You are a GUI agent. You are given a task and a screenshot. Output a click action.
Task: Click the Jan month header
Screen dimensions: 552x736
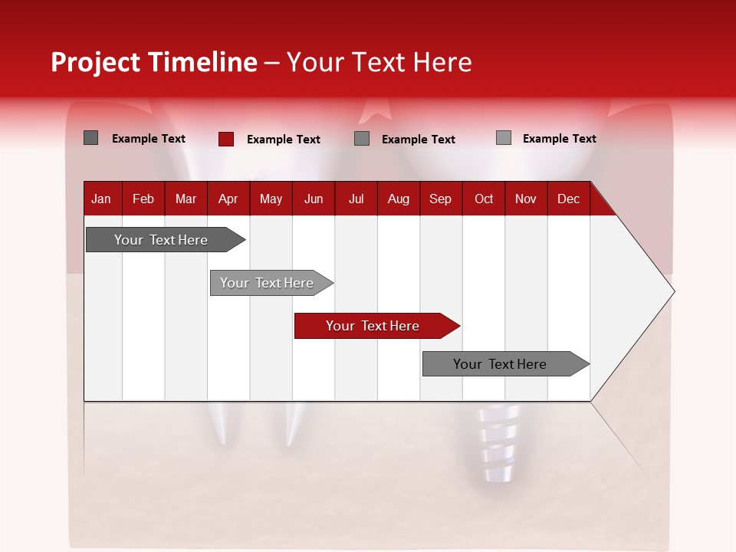(x=102, y=199)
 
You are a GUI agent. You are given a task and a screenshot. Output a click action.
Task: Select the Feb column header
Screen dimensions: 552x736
(x=143, y=199)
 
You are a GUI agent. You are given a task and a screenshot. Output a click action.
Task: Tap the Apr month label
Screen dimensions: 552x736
(x=228, y=199)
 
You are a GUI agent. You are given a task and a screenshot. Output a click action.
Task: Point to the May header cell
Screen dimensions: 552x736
(x=271, y=199)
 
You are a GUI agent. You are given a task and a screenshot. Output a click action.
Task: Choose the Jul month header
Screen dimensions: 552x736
(x=356, y=199)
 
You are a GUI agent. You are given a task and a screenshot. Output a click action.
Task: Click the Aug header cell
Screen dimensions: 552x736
(x=398, y=199)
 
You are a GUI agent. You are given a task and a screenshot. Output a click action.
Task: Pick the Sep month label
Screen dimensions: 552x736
(x=440, y=199)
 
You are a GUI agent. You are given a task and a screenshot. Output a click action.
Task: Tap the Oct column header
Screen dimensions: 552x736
(x=484, y=199)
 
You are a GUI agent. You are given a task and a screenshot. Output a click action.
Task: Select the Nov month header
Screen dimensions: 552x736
(x=526, y=199)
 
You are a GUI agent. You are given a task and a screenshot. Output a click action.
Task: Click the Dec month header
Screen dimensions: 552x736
(x=568, y=199)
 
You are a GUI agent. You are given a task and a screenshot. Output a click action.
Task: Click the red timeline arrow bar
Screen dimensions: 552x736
(x=373, y=326)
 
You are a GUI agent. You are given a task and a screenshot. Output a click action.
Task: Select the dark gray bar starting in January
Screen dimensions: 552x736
(x=161, y=240)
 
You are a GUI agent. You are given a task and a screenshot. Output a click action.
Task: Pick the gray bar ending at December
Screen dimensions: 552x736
(x=500, y=364)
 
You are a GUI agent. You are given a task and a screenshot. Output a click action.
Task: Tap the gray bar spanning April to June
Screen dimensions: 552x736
(x=267, y=283)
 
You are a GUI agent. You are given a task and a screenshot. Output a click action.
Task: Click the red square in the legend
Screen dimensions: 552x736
(x=226, y=139)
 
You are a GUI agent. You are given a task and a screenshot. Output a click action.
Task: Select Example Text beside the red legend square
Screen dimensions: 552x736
(x=283, y=140)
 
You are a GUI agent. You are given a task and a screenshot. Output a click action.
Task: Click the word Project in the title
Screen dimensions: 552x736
(x=96, y=62)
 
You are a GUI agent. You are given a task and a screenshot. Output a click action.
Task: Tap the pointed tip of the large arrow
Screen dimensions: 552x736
(x=672, y=291)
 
